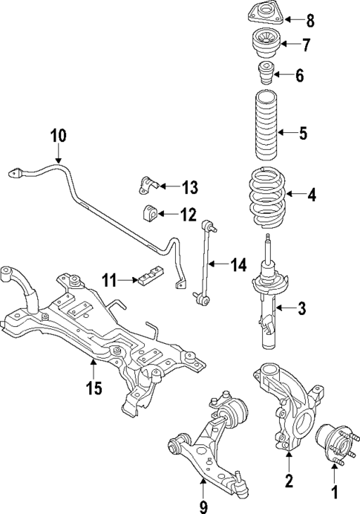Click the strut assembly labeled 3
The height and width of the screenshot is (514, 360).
coord(266,297)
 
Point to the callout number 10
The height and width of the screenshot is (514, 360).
coord(59,136)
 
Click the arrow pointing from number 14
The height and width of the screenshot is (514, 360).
coord(220,264)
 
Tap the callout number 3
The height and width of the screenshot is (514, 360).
coord(301,308)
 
